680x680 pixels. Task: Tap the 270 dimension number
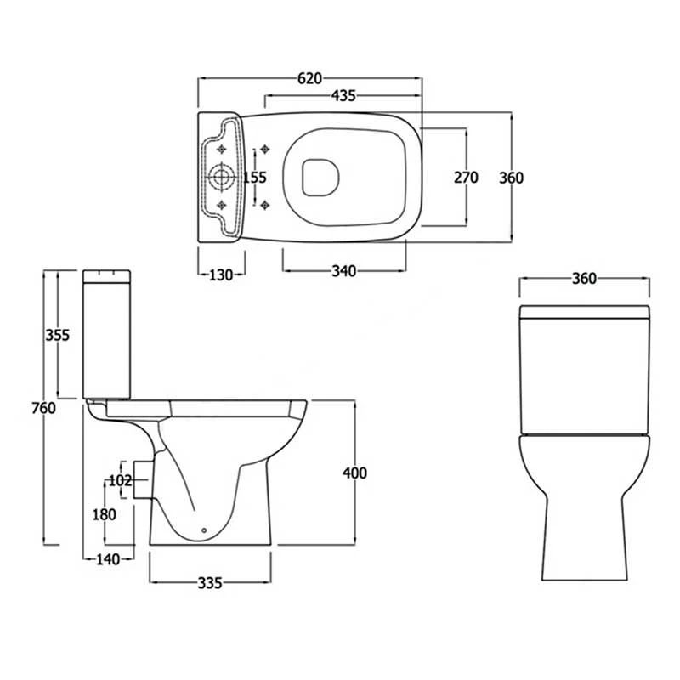tap(466, 178)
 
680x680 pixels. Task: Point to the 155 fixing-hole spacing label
tap(255, 178)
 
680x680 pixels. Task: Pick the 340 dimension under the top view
tap(343, 272)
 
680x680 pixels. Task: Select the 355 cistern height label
tap(57, 335)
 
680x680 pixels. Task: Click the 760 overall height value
tap(43, 408)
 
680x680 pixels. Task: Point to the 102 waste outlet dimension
tap(120, 481)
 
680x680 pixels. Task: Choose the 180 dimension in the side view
tap(105, 515)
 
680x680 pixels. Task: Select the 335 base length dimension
tap(210, 583)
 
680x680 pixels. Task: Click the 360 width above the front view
tap(584, 279)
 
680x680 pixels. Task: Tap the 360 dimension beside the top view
tap(512, 178)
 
